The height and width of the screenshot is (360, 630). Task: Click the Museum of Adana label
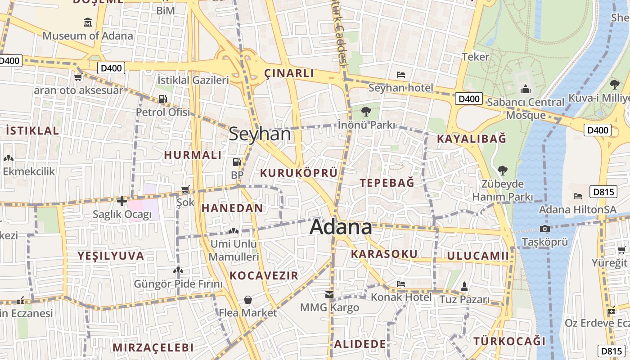pyautogui.click(x=88, y=36)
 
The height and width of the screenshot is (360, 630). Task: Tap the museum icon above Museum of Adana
pyautogui.click(x=88, y=22)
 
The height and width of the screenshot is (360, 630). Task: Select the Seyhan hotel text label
pyautogui.click(x=400, y=88)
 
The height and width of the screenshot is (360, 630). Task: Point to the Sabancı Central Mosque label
pyautogui.click(x=526, y=108)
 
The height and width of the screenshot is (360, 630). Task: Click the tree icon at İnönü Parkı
pyautogui.click(x=366, y=111)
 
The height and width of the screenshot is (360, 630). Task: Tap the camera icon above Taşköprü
pyautogui.click(x=545, y=229)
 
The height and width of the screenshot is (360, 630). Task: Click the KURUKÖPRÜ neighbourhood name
pyautogui.click(x=299, y=173)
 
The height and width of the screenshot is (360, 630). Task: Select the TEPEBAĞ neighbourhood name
pyautogui.click(x=387, y=183)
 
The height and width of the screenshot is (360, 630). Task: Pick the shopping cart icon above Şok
pyautogui.click(x=185, y=189)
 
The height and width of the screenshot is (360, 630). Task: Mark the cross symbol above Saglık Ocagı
pyautogui.click(x=121, y=201)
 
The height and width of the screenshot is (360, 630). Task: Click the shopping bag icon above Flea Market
pyautogui.click(x=247, y=300)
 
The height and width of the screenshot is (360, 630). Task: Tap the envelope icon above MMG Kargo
pyautogui.click(x=329, y=295)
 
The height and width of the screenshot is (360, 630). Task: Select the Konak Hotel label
pyautogui.click(x=401, y=297)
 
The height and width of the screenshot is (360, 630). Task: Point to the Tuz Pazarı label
pyautogui.click(x=464, y=299)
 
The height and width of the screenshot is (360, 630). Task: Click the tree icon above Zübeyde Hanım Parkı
pyautogui.click(x=502, y=170)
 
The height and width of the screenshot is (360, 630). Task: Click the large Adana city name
pyautogui.click(x=341, y=227)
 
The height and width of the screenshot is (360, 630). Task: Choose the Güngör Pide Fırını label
pyautogui.click(x=178, y=284)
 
